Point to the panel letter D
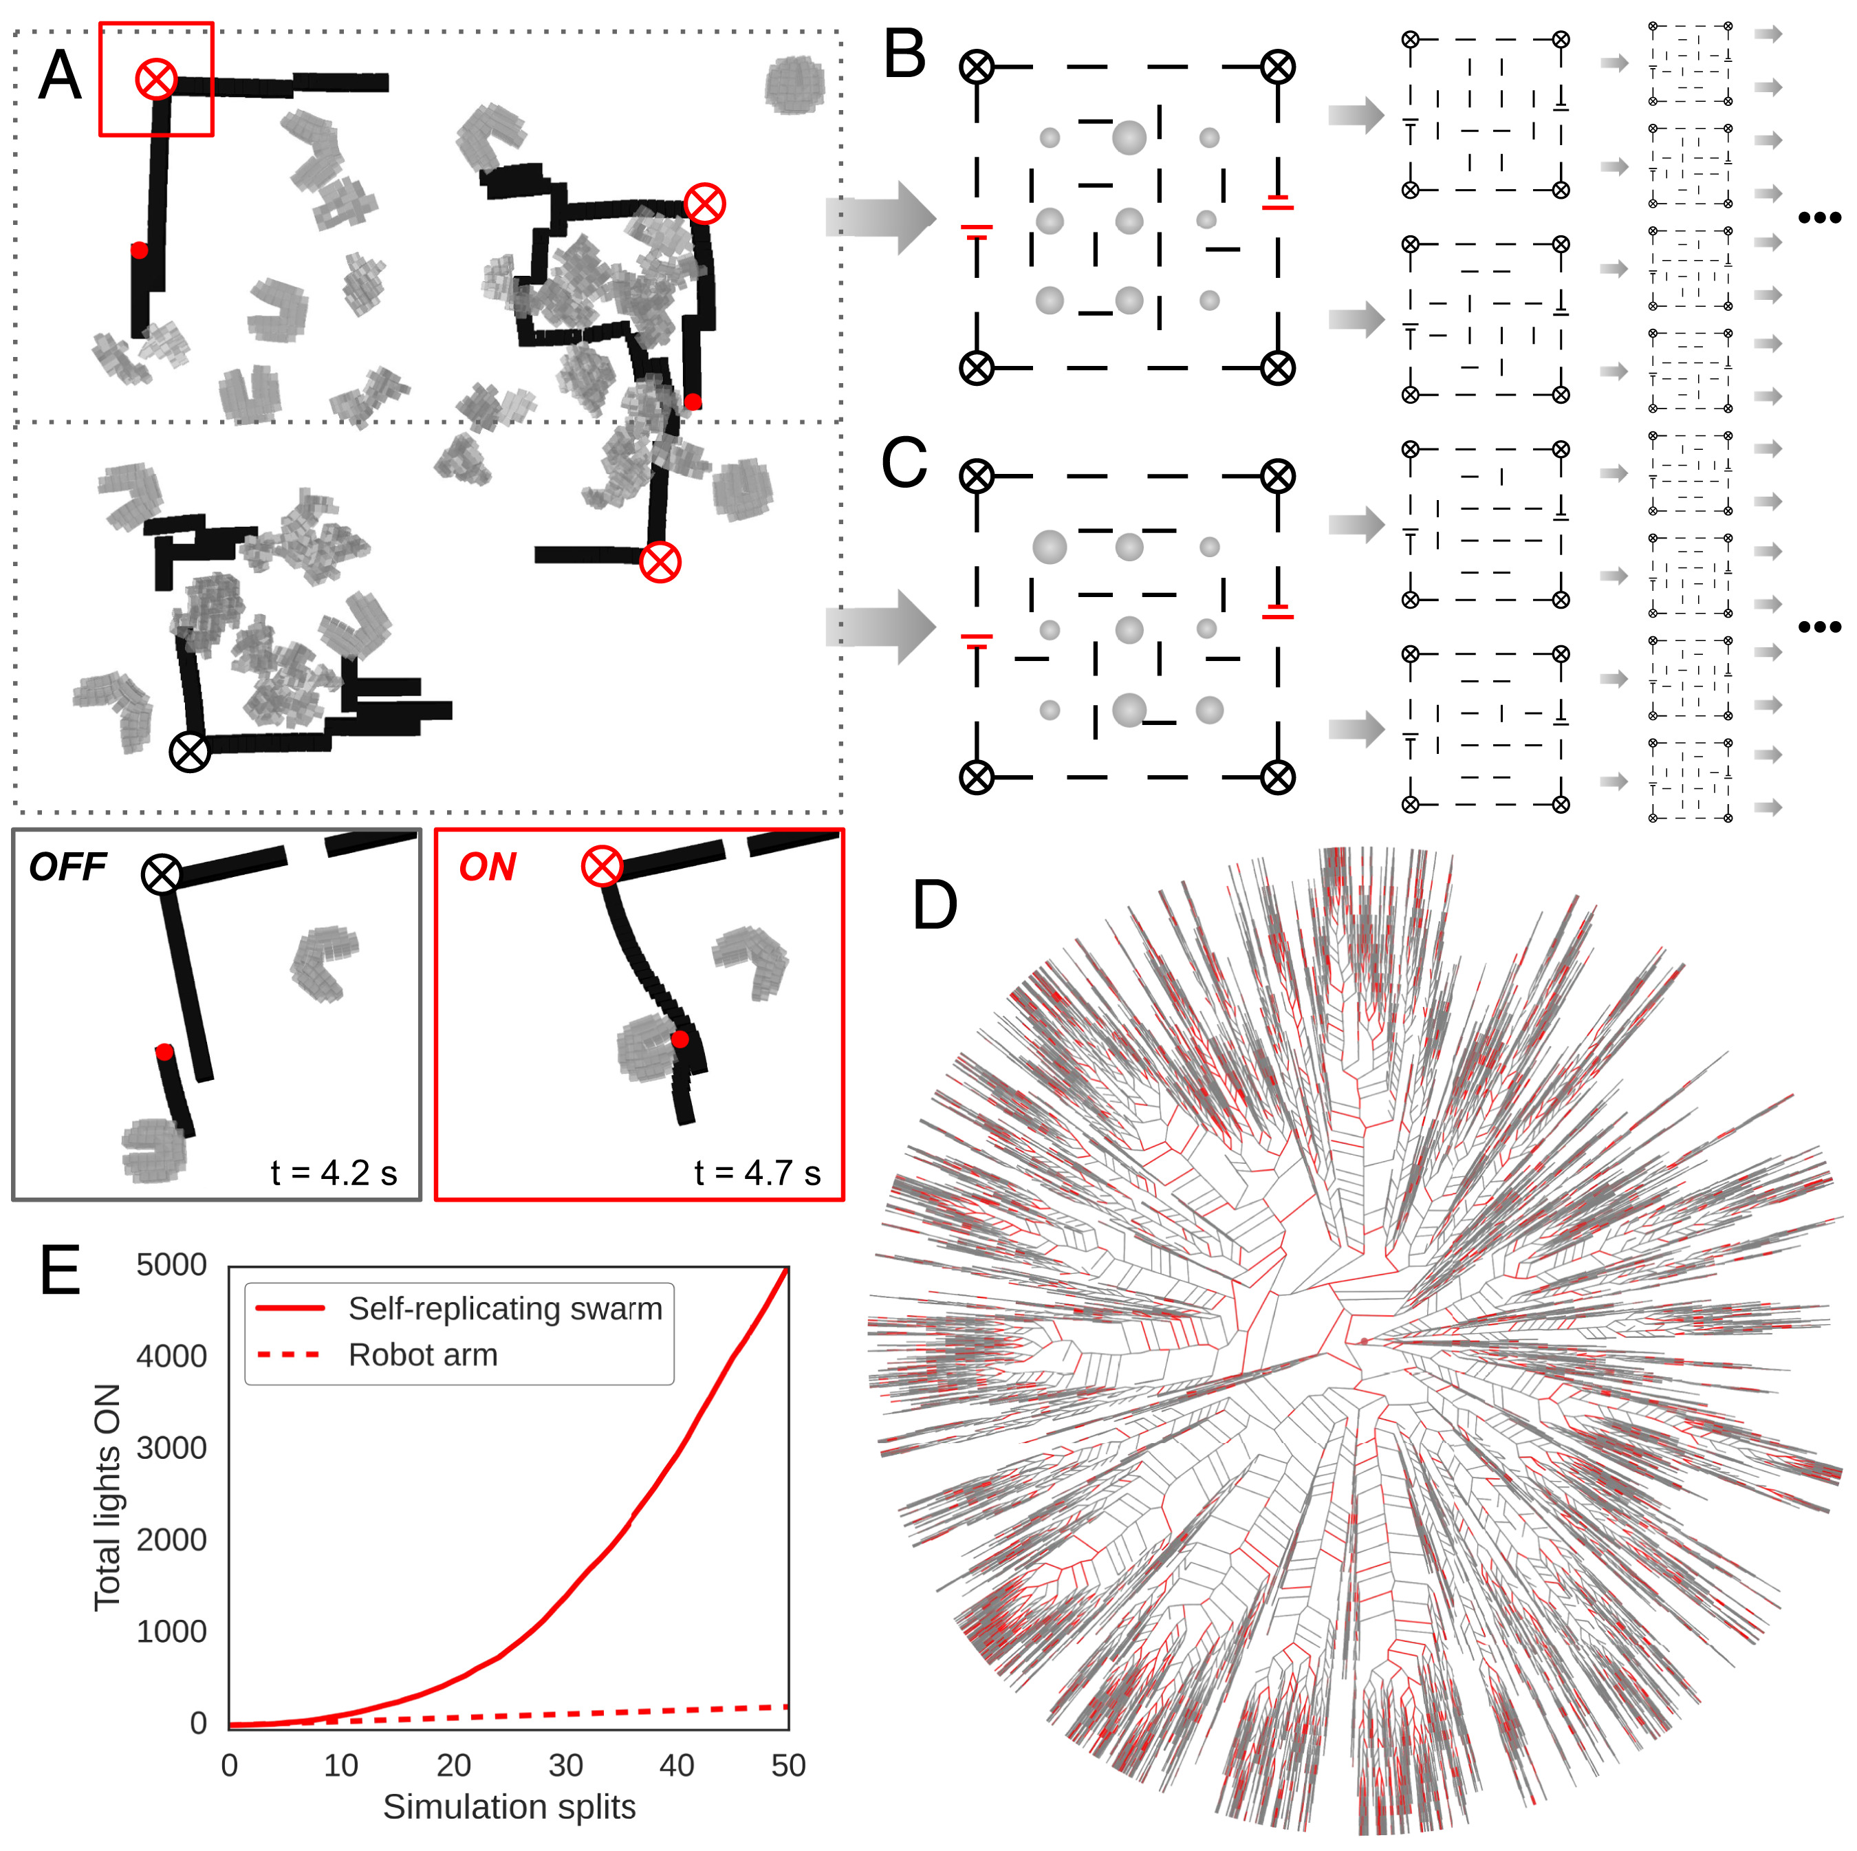[x=934, y=905]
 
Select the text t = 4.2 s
[x=334, y=1173]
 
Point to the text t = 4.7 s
[x=757, y=1173]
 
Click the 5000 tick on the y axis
[x=171, y=1266]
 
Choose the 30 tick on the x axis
[x=565, y=1766]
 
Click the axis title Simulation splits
[x=510, y=1808]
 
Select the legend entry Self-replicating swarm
[x=505, y=1309]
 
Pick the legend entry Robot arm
[x=423, y=1355]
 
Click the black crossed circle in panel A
[x=189, y=752]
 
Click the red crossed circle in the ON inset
[x=602, y=866]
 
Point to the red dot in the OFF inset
[x=164, y=1052]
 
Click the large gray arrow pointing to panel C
[x=880, y=627]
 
